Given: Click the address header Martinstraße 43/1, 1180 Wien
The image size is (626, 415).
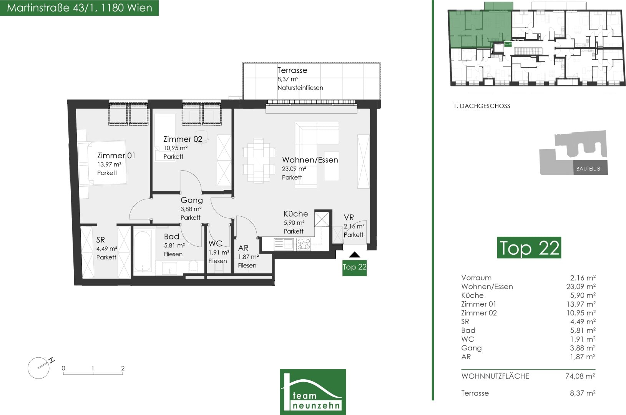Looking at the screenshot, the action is coord(80,8).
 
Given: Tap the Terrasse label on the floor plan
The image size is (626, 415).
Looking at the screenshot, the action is coord(292,70).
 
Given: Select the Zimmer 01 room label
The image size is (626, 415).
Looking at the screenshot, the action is coord(116,156).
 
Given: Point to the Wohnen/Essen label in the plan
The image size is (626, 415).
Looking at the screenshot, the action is coord(310,160).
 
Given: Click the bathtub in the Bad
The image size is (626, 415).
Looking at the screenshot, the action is coord(143,251).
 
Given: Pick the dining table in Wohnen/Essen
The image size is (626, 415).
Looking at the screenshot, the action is coord(259,160).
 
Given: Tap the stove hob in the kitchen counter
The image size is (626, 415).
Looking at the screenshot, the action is coord(304,244).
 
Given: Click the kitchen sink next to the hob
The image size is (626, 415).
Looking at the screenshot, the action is coord(284,244).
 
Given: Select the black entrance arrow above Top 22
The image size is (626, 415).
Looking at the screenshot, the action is coord(354,254).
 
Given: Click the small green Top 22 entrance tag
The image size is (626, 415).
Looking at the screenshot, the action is coord(354,268).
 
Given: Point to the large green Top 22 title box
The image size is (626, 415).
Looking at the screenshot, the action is coord(529,247).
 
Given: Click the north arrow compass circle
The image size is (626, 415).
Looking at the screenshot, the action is coord(38,368).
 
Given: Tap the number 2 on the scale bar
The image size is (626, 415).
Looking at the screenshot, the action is coord(123,368).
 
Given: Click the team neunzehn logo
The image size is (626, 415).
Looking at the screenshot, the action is coord(313,392).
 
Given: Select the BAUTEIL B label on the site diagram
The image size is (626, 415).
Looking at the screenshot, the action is coord(588,169).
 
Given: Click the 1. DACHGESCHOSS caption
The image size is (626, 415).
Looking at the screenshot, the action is coord(482,106).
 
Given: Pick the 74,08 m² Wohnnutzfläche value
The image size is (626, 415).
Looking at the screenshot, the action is coord(580,376).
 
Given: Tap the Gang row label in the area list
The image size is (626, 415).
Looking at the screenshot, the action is coord(472,348).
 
